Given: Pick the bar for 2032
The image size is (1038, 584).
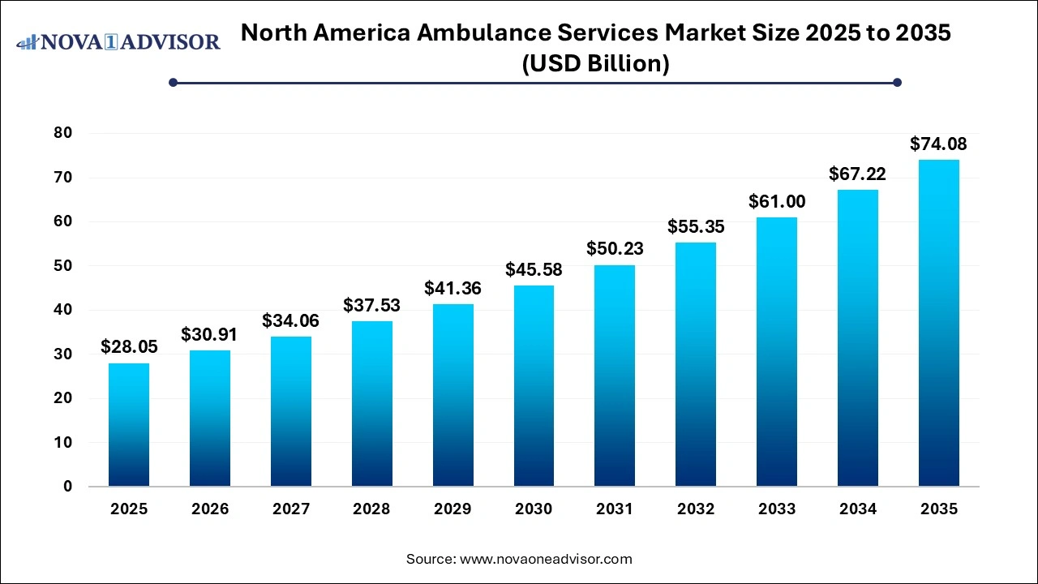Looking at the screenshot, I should coord(696,364).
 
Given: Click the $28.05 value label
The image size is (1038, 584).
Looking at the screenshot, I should coord(129,347).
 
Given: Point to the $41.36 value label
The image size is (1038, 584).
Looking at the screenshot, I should coord(453,288).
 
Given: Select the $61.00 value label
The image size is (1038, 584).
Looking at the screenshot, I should coord(777,201).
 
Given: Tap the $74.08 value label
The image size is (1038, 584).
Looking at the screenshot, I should coord(938,144).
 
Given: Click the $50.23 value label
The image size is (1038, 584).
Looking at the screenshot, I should coord(615,249).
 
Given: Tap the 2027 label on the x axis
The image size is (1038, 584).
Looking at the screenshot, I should coord(291,509).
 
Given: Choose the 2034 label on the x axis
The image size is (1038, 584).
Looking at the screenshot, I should coord(858,509).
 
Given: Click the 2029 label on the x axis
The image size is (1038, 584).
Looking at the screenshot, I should coord(453,509).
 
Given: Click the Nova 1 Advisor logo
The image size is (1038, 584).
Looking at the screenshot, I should coord(118,41).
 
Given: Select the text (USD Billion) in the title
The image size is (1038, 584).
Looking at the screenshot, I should coord(596,64).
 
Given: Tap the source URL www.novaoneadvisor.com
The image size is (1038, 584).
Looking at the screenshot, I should coord(546,559).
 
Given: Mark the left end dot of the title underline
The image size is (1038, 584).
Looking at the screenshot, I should coord(173,82).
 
